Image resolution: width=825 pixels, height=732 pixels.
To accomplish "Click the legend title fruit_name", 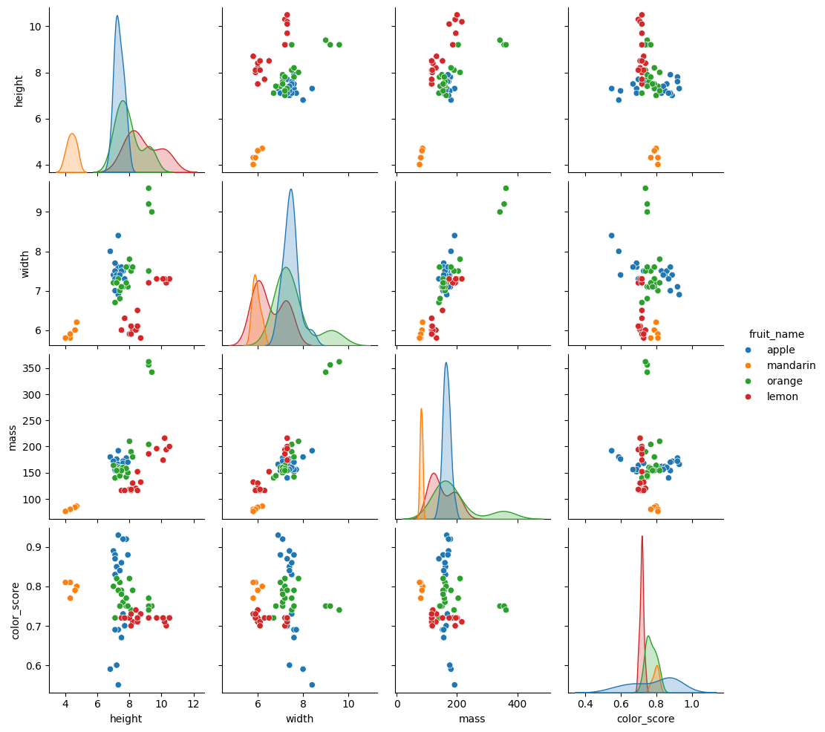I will (776, 334).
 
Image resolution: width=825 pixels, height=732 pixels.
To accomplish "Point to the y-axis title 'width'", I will (25, 264).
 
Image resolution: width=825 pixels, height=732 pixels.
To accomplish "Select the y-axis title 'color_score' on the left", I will (16, 610).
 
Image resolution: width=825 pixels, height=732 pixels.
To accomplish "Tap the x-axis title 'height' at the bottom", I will (125, 719).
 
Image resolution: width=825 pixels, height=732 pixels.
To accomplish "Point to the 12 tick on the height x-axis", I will (194, 704).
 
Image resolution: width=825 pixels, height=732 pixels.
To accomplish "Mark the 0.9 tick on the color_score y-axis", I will (34, 547).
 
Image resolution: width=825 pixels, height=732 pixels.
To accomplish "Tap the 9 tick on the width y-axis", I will (40, 212).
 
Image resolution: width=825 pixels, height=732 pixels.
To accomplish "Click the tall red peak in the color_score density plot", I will (642, 536).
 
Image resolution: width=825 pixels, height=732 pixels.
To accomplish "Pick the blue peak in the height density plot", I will (117, 16).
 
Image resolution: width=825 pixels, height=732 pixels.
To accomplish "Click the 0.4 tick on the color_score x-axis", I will (585, 704).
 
